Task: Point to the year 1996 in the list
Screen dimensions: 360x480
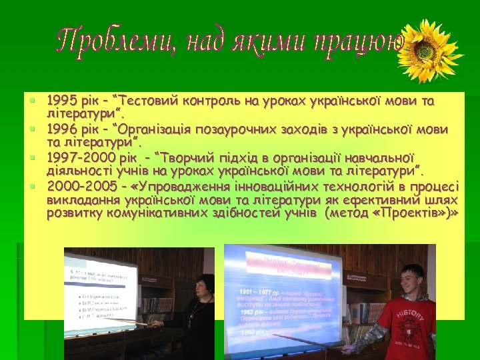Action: [x=61, y=129]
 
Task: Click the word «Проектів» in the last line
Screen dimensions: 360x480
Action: [x=417, y=213]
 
